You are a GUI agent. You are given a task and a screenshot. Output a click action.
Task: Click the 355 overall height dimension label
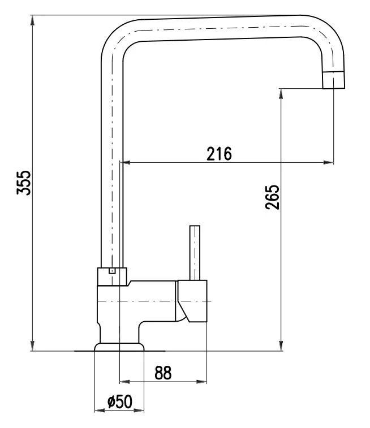24,183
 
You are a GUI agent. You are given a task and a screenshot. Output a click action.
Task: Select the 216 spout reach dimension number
219,154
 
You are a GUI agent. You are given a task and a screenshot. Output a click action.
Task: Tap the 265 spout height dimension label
272,197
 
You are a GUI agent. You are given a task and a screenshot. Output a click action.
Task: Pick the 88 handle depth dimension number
163,373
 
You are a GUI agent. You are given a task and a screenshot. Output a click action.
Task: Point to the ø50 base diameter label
120,401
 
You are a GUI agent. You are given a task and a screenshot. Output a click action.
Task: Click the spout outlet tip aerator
333,80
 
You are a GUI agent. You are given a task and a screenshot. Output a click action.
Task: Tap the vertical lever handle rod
195,253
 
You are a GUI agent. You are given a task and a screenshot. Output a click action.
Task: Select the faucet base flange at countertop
119,347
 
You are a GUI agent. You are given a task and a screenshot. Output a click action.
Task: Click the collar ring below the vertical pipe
112,276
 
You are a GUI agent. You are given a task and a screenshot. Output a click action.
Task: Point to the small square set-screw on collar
112,271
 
